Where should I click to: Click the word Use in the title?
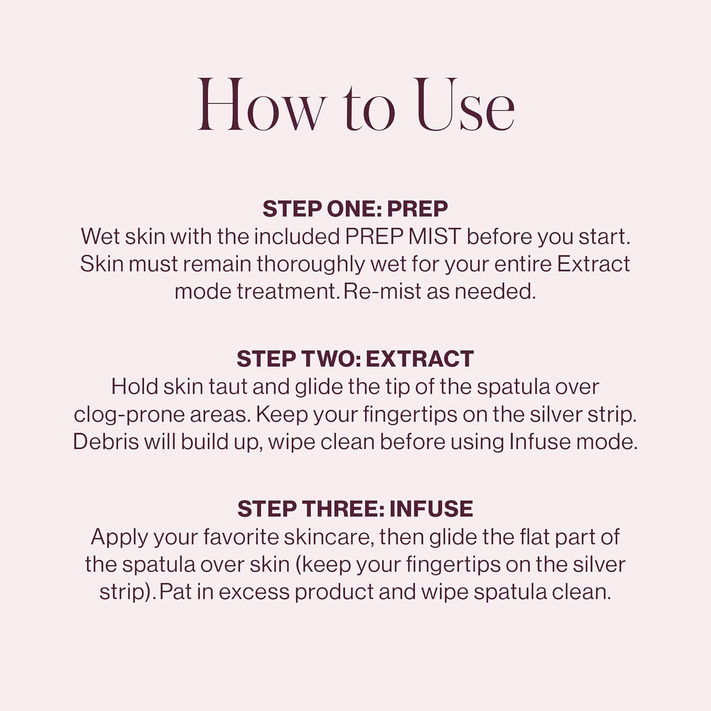coord(465,105)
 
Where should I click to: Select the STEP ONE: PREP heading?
coord(355,209)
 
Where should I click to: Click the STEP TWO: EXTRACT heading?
coord(355,359)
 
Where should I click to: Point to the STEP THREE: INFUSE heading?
coord(355,509)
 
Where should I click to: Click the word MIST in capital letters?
coord(434,237)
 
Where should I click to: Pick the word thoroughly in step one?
coord(310,264)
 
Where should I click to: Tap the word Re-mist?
coord(382,292)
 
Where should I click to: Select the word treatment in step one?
coord(286,292)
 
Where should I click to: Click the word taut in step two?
coord(228,387)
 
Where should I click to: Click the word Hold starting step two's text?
coord(135,387)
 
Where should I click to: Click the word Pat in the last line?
coord(175,592)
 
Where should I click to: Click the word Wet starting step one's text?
coord(100,237)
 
